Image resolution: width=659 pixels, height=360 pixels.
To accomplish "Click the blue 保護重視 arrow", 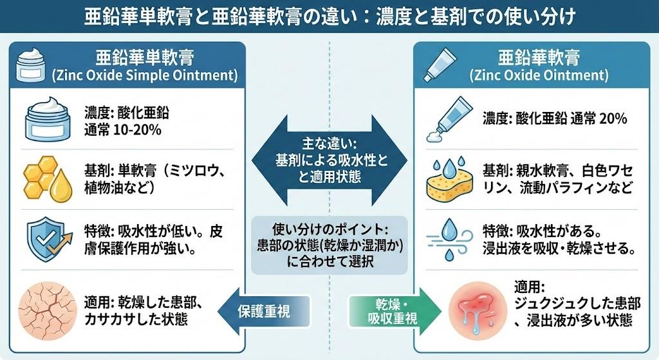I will pyautogui.click(x=260, y=311).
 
